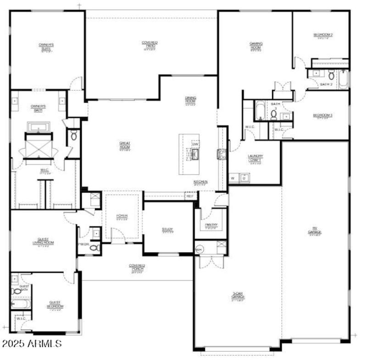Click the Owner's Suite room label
pyautogui.click(x=46, y=46)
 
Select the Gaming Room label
pyautogui.click(x=256, y=45)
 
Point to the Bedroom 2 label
pyautogui.click(x=323, y=35)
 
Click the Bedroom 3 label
pyautogui.click(x=323, y=115)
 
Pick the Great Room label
pyautogui.click(x=125, y=145)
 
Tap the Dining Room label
pyautogui.click(x=191, y=100)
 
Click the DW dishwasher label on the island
pyautogui.click(x=195, y=144)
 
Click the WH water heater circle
pyautogui.click(x=199, y=250)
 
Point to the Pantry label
pyautogui.click(x=211, y=225)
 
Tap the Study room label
pyautogui.click(x=167, y=229)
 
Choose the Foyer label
pyautogui.click(x=122, y=216)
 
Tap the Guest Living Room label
pyautogui.click(x=44, y=242)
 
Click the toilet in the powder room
pyautogui.click(x=95, y=248)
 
